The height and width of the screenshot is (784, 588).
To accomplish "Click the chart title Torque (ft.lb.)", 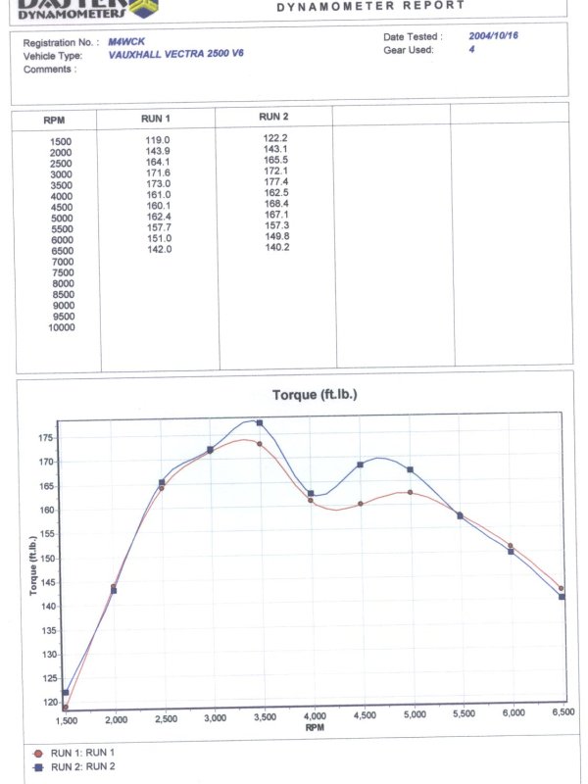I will (315, 394).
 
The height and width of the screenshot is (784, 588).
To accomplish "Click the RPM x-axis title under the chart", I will (314, 728).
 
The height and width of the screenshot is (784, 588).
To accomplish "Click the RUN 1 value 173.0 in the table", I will (158, 184).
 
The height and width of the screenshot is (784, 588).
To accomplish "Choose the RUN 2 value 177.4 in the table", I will (275, 182).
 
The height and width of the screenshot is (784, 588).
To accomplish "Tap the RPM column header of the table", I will (55, 121).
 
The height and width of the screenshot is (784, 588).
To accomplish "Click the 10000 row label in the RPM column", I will (61, 327).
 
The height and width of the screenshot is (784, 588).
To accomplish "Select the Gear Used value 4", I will (471, 47).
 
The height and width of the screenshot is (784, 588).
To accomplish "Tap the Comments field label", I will (48, 69).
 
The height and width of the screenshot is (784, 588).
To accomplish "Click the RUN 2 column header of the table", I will (273, 117).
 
